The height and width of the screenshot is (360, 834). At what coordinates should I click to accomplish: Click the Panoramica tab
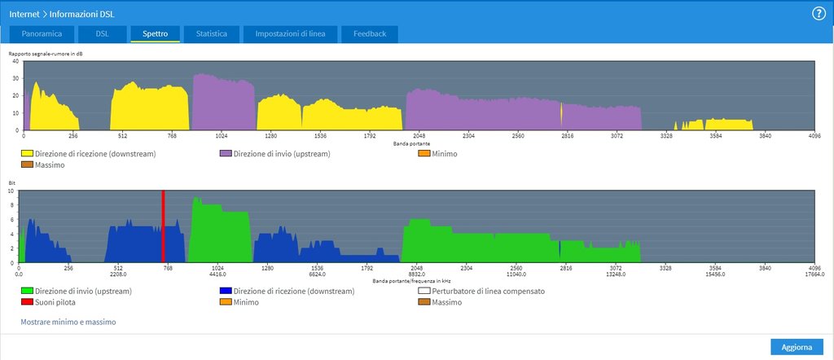coord(42,34)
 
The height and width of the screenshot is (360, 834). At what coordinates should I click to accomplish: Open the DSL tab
coord(103,34)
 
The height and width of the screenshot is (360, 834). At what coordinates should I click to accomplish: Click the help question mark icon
coord(819,14)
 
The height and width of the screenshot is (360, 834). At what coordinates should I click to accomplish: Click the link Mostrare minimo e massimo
coord(68,323)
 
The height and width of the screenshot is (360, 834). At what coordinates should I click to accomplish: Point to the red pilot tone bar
coord(164,226)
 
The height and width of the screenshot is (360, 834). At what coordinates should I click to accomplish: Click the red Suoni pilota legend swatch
coord(26,302)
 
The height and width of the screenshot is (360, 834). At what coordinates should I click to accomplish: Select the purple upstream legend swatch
coord(225,153)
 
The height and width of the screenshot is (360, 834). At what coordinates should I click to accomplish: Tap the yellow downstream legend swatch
coord(26,153)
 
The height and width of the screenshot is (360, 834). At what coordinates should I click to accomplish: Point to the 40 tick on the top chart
coord(15,61)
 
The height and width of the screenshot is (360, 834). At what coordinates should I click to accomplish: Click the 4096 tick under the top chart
coord(814,137)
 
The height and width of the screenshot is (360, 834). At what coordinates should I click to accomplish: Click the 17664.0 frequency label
coord(814,274)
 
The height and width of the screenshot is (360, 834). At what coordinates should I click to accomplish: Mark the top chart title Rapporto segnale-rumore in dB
coord(46,54)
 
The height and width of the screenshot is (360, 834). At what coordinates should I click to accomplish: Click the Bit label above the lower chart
coord(12,183)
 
